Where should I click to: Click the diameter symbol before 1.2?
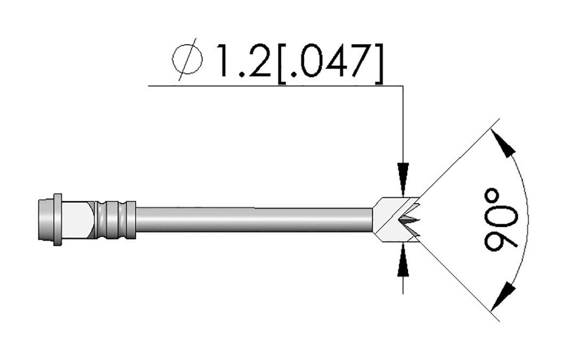coord(187,59)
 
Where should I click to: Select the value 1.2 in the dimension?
coord(243,61)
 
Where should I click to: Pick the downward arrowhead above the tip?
coord(403,180)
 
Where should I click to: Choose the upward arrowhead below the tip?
coord(403,260)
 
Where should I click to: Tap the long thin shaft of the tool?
coord(254,220)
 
